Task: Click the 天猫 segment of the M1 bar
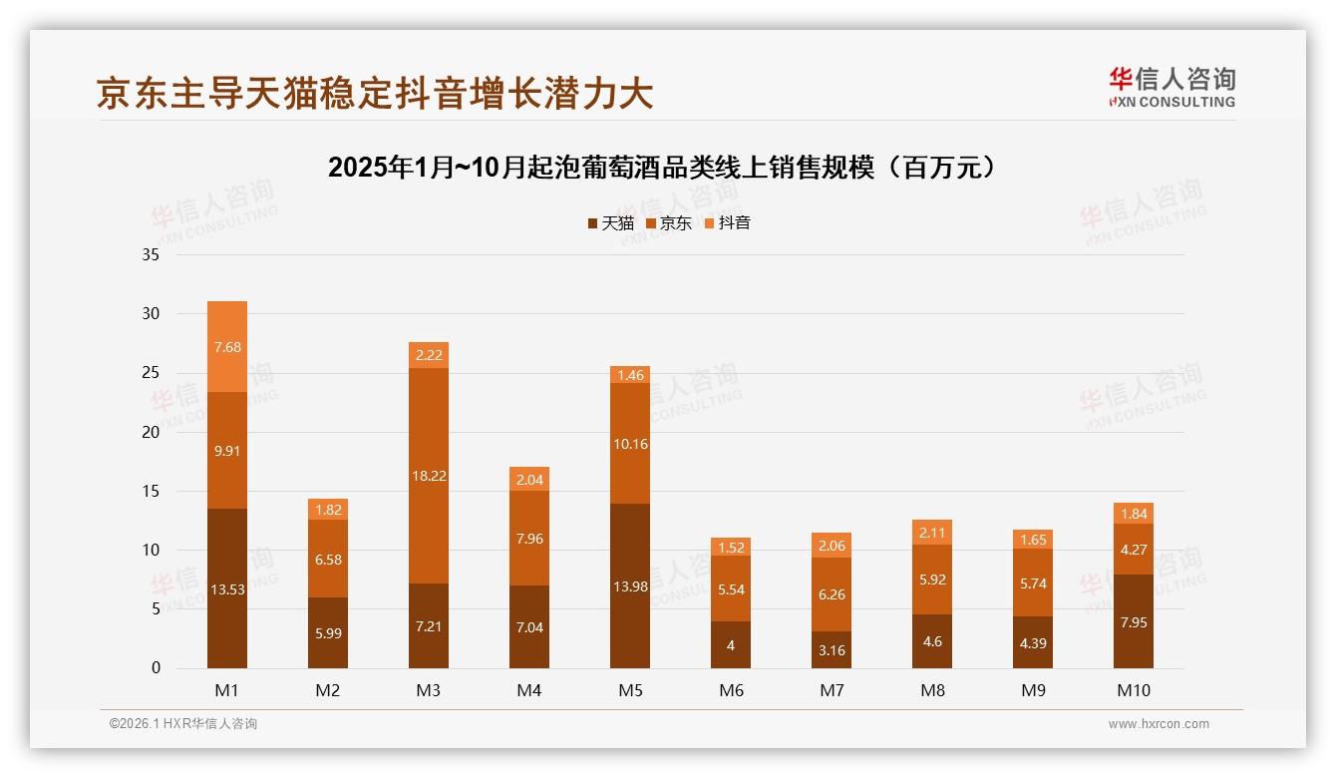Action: [x=227, y=588]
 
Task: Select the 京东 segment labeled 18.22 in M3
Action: [x=429, y=476]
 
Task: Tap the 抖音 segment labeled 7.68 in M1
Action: [x=227, y=347]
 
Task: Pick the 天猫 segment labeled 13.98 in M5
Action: [x=630, y=586]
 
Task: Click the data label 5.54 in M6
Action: [x=731, y=589]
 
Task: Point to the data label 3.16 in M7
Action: [x=832, y=651]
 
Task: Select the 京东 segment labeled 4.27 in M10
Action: [x=1134, y=549]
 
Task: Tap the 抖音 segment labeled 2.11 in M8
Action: [x=932, y=532]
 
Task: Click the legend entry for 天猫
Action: [x=610, y=223]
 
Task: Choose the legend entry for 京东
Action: [x=668, y=223]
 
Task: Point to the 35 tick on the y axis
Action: [x=151, y=254]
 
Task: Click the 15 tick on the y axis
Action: [x=151, y=491]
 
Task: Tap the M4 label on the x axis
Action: [x=529, y=690]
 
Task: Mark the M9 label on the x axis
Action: [x=1033, y=690]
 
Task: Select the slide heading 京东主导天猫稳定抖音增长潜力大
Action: [x=375, y=93]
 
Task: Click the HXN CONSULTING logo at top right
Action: [x=1171, y=88]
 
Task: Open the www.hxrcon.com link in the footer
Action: [x=1159, y=724]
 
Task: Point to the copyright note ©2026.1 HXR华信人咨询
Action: [x=183, y=724]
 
